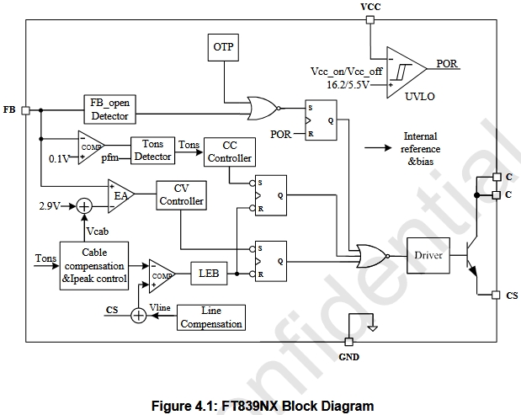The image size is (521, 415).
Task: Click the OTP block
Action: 223,49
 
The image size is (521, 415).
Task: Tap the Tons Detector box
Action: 152,150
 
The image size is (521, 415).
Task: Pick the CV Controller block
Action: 181,194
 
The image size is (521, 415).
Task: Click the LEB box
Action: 208,273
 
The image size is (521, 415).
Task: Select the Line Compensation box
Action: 210,317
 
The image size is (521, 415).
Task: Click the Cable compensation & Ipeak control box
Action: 93,265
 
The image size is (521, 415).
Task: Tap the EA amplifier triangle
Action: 120,195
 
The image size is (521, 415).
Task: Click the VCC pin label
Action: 370,8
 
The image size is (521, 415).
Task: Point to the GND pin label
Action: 348,357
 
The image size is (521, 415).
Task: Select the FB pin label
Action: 9,110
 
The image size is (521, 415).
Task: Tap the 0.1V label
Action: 59,157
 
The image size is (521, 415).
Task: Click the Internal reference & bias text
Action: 421,148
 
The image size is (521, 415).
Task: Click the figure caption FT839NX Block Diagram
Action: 260,406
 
